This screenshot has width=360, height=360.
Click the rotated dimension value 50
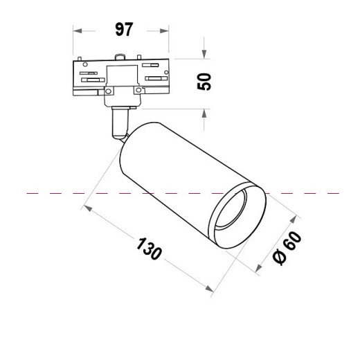tap(204, 82)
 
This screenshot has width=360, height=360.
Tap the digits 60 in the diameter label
tap(293, 243)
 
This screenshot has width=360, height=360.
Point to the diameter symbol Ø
tap(280, 258)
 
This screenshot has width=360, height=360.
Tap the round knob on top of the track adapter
tap(121, 56)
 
